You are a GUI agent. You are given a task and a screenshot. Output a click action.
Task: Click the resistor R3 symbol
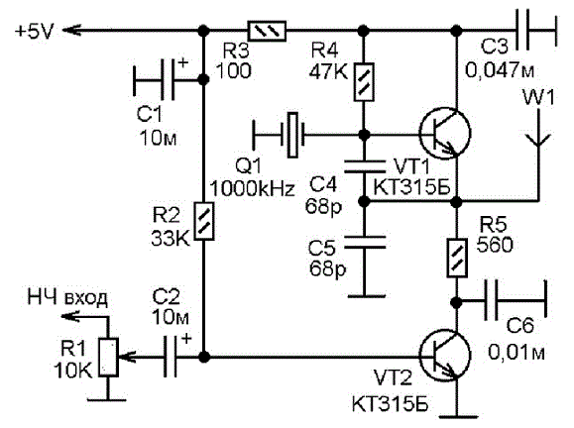point(267,31)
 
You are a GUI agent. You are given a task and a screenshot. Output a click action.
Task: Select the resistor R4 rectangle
point(364,82)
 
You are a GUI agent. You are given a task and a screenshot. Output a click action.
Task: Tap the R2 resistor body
point(203,221)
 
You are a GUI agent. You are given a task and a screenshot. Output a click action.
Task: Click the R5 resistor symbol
point(457,258)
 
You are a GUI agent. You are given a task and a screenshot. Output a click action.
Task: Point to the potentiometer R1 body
point(108,358)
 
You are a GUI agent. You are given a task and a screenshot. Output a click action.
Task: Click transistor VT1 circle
point(445,133)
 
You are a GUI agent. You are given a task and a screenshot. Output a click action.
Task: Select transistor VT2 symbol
point(445,355)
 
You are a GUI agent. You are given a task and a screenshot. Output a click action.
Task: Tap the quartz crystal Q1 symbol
point(292,135)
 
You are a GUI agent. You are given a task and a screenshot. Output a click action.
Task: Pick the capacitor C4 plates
point(365,166)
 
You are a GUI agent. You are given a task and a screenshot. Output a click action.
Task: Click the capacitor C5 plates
point(365,242)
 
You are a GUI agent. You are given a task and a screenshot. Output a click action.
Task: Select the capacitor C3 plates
point(522,31)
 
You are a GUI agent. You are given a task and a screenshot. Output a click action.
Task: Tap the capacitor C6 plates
point(491,301)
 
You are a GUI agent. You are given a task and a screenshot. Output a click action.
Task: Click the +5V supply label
point(34,31)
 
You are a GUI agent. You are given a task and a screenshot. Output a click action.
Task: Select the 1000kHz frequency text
point(252,189)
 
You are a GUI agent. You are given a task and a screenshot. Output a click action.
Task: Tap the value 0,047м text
point(500,69)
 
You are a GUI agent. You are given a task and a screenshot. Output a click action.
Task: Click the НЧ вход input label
point(67,298)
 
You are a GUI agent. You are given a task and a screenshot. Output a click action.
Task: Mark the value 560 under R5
point(495,245)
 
